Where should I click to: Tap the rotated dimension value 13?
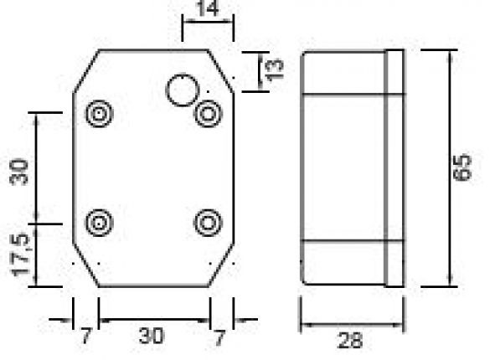click(274, 69)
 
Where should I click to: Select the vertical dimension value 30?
click(20, 172)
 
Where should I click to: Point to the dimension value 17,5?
click(20, 257)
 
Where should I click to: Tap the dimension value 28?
click(352, 340)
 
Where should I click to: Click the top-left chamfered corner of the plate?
click(87, 67)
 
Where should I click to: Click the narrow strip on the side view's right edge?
click(394, 167)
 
